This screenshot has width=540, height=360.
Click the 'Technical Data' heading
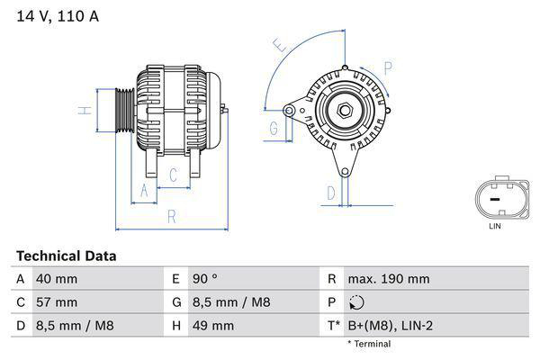(x=66, y=256)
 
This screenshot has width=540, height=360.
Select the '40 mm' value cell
(x=56, y=279)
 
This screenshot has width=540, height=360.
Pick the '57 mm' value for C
(x=56, y=301)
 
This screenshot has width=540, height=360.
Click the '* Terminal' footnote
(x=369, y=344)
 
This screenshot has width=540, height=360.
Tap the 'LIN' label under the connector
(x=494, y=226)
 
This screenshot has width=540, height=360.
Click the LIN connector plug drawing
(x=494, y=197)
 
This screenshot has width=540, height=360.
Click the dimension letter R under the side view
(x=171, y=216)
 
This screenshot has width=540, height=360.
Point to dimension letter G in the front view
(x=274, y=128)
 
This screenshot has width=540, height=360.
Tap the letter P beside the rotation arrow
(x=388, y=66)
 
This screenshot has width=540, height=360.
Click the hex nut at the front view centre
(x=345, y=110)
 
